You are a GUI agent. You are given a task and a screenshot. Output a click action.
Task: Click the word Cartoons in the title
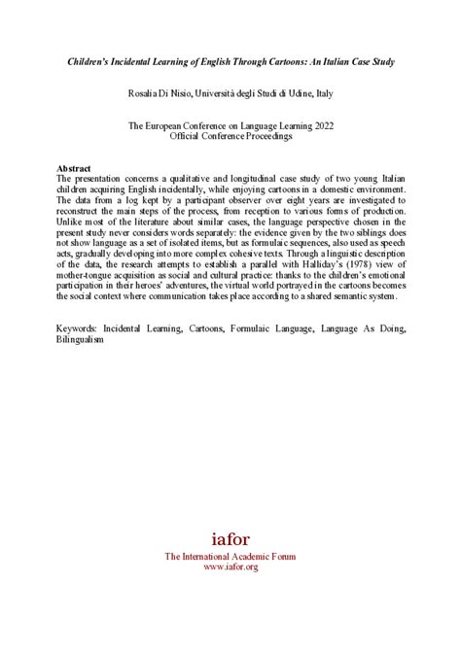pos(272,60)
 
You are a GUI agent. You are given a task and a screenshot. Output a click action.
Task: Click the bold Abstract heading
pos(75,167)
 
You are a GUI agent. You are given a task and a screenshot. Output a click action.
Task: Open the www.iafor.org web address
pos(230,566)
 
